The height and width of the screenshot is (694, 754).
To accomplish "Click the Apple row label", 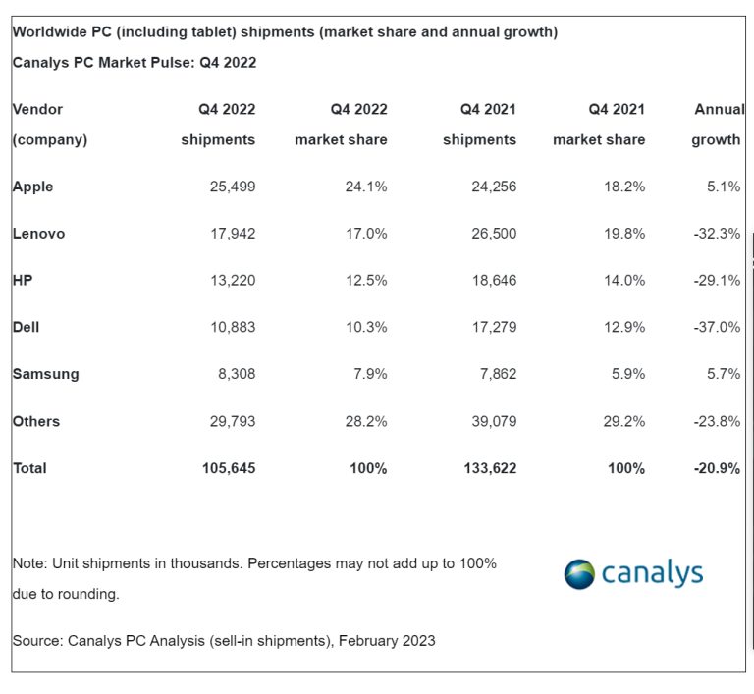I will [32, 187].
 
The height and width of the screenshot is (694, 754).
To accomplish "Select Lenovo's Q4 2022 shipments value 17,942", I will [232, 234].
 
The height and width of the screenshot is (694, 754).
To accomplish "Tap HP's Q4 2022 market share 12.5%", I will [365, 281].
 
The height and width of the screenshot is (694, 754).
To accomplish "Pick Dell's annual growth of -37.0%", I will [716, 327].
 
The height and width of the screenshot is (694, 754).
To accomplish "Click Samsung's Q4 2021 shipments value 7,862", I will [495, 374].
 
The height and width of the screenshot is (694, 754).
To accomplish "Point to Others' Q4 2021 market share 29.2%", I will [623, 421].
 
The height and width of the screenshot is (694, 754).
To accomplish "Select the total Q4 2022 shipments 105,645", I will [228, 468].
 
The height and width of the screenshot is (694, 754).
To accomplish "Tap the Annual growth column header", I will [718, 125].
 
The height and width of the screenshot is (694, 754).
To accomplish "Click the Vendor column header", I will [38, 109].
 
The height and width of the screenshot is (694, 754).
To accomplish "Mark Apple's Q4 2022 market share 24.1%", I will [365, 187].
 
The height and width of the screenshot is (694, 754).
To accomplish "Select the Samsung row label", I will [45, 374].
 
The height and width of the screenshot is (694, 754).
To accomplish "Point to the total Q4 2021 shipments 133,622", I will [489, 468].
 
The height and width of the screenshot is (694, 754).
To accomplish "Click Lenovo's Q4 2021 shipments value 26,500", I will [493, 234].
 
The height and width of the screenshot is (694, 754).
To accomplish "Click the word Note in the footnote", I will [28, 563].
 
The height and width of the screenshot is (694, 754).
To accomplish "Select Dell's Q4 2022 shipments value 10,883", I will [232, 327].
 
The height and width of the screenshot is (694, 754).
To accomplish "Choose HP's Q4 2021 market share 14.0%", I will [623, 281].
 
